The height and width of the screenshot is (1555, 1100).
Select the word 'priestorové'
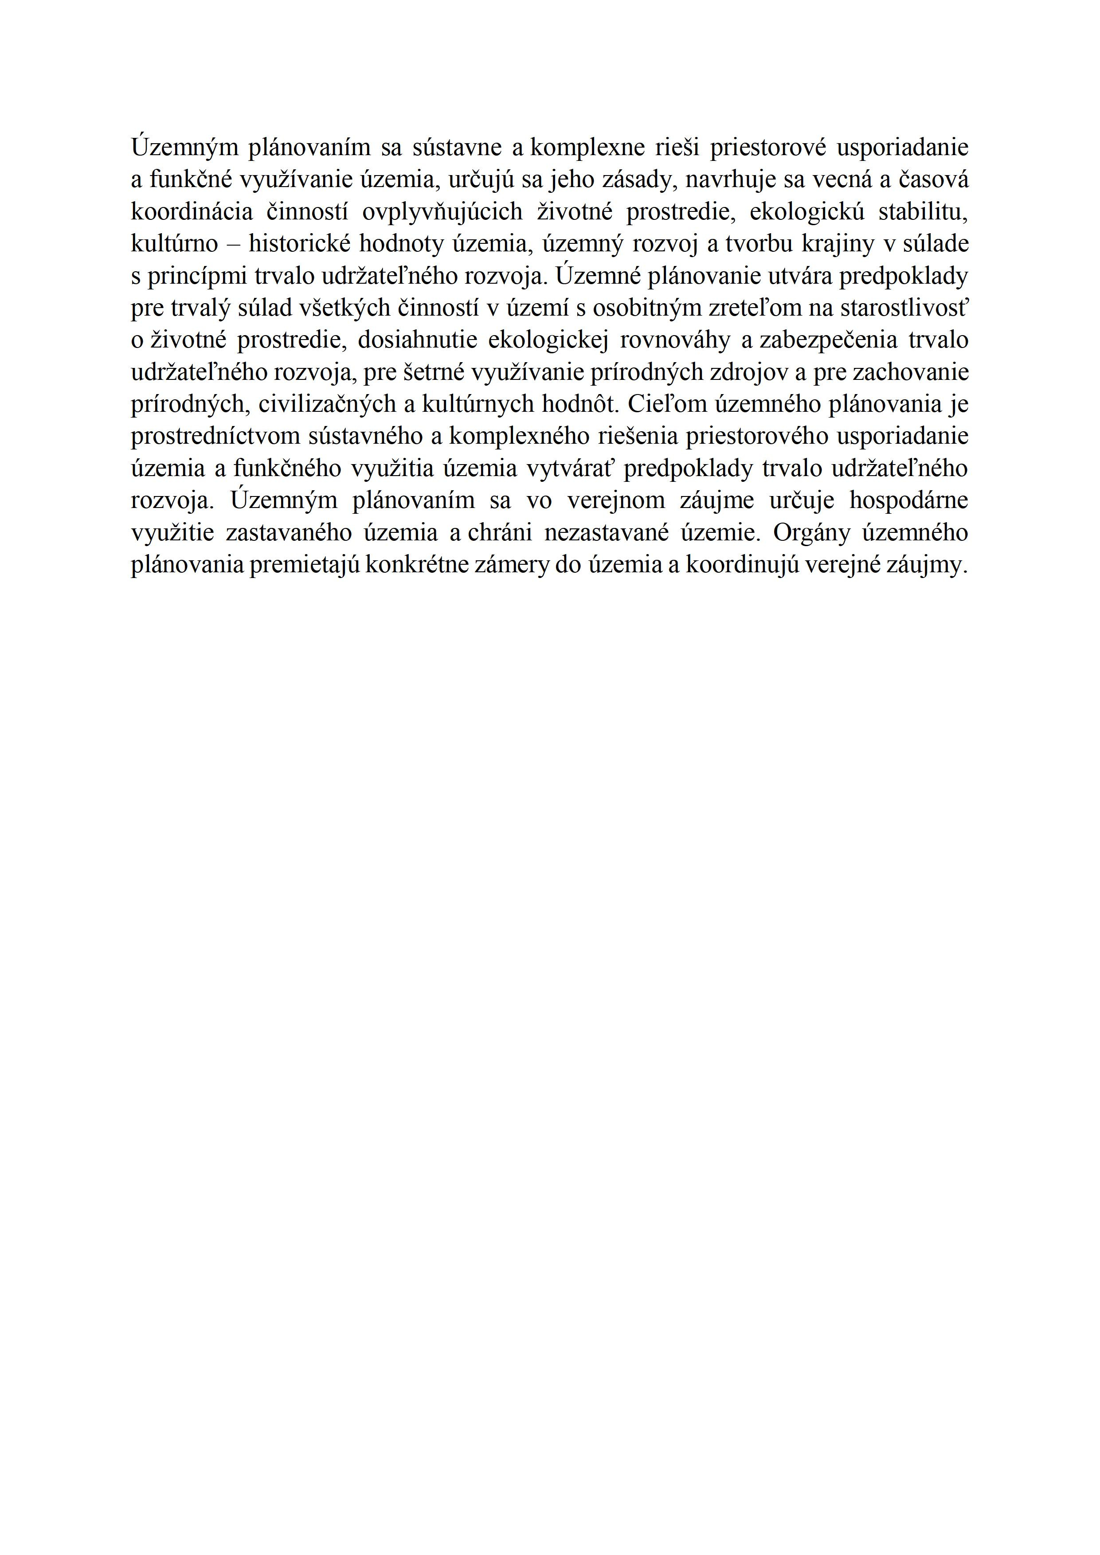click(x=768, y=148)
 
